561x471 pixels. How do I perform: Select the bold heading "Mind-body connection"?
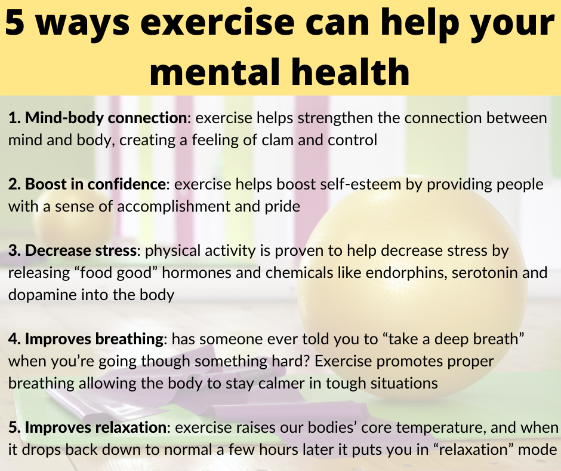click(x=106, y=118)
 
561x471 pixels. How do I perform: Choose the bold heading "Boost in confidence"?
click(x=95, y=184)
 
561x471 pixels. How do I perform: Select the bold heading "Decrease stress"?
click(x=81, y=250)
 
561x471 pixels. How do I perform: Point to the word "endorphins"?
click(x=406, y=273)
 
